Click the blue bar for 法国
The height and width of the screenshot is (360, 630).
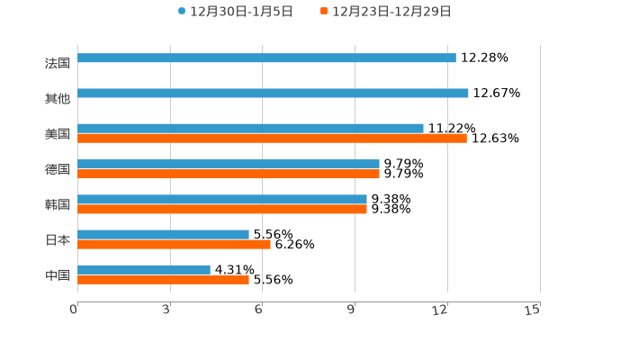tap(266, 58)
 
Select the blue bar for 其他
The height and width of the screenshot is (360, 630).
tap(273, 93)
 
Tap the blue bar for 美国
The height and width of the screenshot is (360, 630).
tap(250, 129)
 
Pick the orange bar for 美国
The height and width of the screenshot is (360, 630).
tap(272, 139)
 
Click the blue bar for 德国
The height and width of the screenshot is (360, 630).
tap(229, 164)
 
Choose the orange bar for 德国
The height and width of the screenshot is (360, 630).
tap(229, 174)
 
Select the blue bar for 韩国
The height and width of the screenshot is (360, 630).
tap(222, 199)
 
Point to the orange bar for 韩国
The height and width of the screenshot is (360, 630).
tap(222, 209)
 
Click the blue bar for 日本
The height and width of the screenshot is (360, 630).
tap(163, 234)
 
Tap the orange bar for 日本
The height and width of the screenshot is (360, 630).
tap(174, 244)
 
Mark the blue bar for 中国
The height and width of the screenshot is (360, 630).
tap(144, 269)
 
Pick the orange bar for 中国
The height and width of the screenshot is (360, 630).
tap(163, 279)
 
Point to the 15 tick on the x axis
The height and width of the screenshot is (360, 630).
tap(533, 310)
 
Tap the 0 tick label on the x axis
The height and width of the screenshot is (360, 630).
tap(74, 310)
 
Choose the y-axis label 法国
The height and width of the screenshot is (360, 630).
tap(57, 63)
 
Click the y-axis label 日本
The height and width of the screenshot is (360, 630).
tap(57, 239)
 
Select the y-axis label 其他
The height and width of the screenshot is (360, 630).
tap(57, 98)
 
